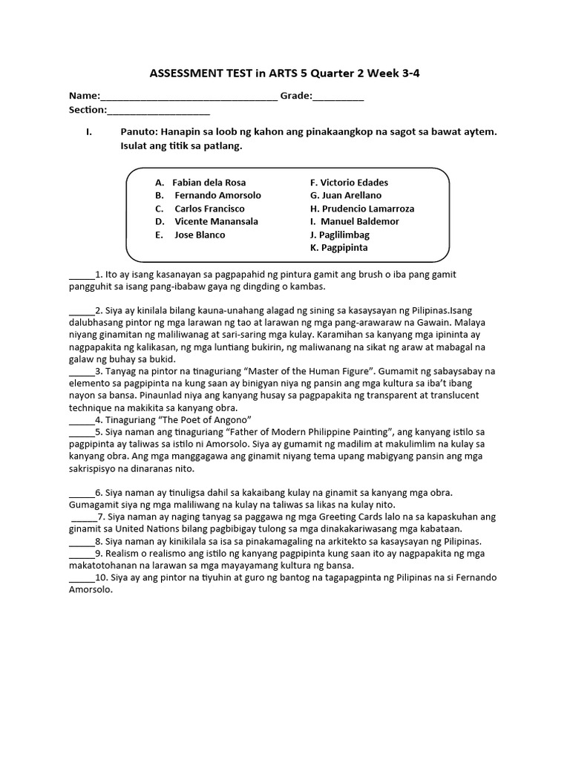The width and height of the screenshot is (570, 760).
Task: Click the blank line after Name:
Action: pyautogui.click(x=189, y=97)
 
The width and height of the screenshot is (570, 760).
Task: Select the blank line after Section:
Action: pyautogui.click(x=158, y=111)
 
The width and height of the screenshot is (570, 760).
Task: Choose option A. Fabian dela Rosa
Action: pyautogui.click(x=200, y=183)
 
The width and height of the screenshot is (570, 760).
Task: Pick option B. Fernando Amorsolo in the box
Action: pyautogui.click(x=208, y=195)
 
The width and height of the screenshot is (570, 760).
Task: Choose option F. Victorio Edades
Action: pyautogui.click(x=349, y=183)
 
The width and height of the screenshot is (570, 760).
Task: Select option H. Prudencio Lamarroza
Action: pyautogui.click(x=362, y=209)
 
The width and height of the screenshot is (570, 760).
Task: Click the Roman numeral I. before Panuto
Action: pyautogui.click(x=88, y=132)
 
